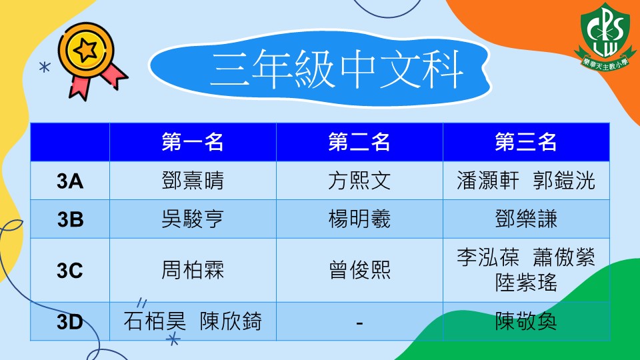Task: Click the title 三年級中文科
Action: click(x=336, y=69)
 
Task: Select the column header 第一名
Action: click(x=193, y=141)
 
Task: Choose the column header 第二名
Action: click(x=359, y=141)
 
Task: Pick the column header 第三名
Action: click(x=526, y=141)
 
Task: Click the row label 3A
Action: click(x=70, y=181)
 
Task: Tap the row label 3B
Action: click(x=70, y=219)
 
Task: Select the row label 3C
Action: click(x=70, y=271)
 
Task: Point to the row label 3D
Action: click(x=70, y=321)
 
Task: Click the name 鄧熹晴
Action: click(x=193, y=181)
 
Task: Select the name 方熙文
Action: click(x=359, y=181)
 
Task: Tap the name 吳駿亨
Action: click(x=193, y=219)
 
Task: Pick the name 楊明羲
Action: click(x=359, y=219)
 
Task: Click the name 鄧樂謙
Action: click(x=526, y=219)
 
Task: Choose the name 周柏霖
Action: click(x=193, y=270)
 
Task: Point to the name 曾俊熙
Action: click(x=359, y=270)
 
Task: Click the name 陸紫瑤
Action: click(x=526, y=283)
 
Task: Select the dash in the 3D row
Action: click(x=359, y=323)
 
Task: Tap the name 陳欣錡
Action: click(x=231, y=321)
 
